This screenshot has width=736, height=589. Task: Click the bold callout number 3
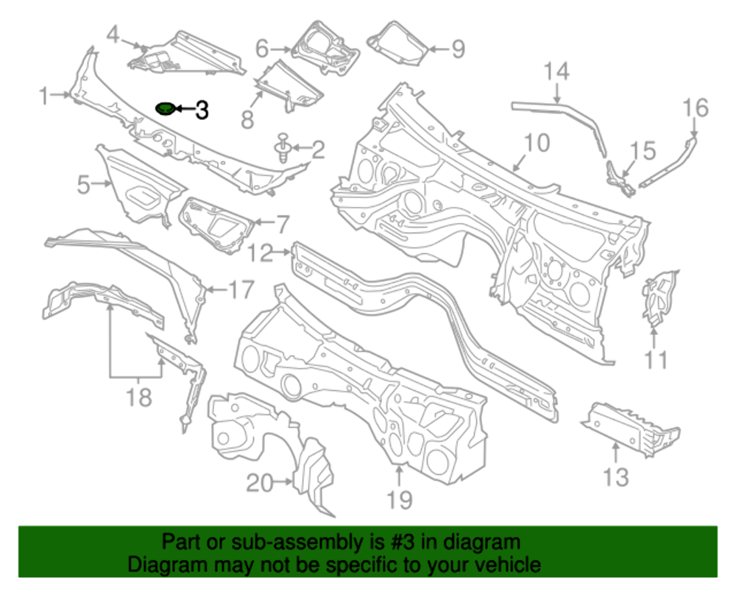[x=201, y=110]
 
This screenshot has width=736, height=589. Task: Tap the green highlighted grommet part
[x=166, y=109]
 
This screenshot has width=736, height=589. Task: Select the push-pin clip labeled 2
[x=283, y=147]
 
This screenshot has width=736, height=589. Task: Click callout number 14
[x=557, y=72]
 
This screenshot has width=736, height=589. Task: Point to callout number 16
[x=695, y=108]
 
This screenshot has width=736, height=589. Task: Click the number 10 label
[x=537, y=142]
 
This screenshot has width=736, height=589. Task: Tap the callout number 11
[x=656, y=360]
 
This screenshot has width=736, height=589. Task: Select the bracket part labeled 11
[x=659, y=298]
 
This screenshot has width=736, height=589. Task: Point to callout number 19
[x=400, y=501]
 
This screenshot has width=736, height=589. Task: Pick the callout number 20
[x=258, y=483]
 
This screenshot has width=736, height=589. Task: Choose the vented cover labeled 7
[x=215, y=221]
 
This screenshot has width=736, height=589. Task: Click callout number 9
[x=457, y=49]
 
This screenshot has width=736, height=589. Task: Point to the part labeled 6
[x=324, y=46]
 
